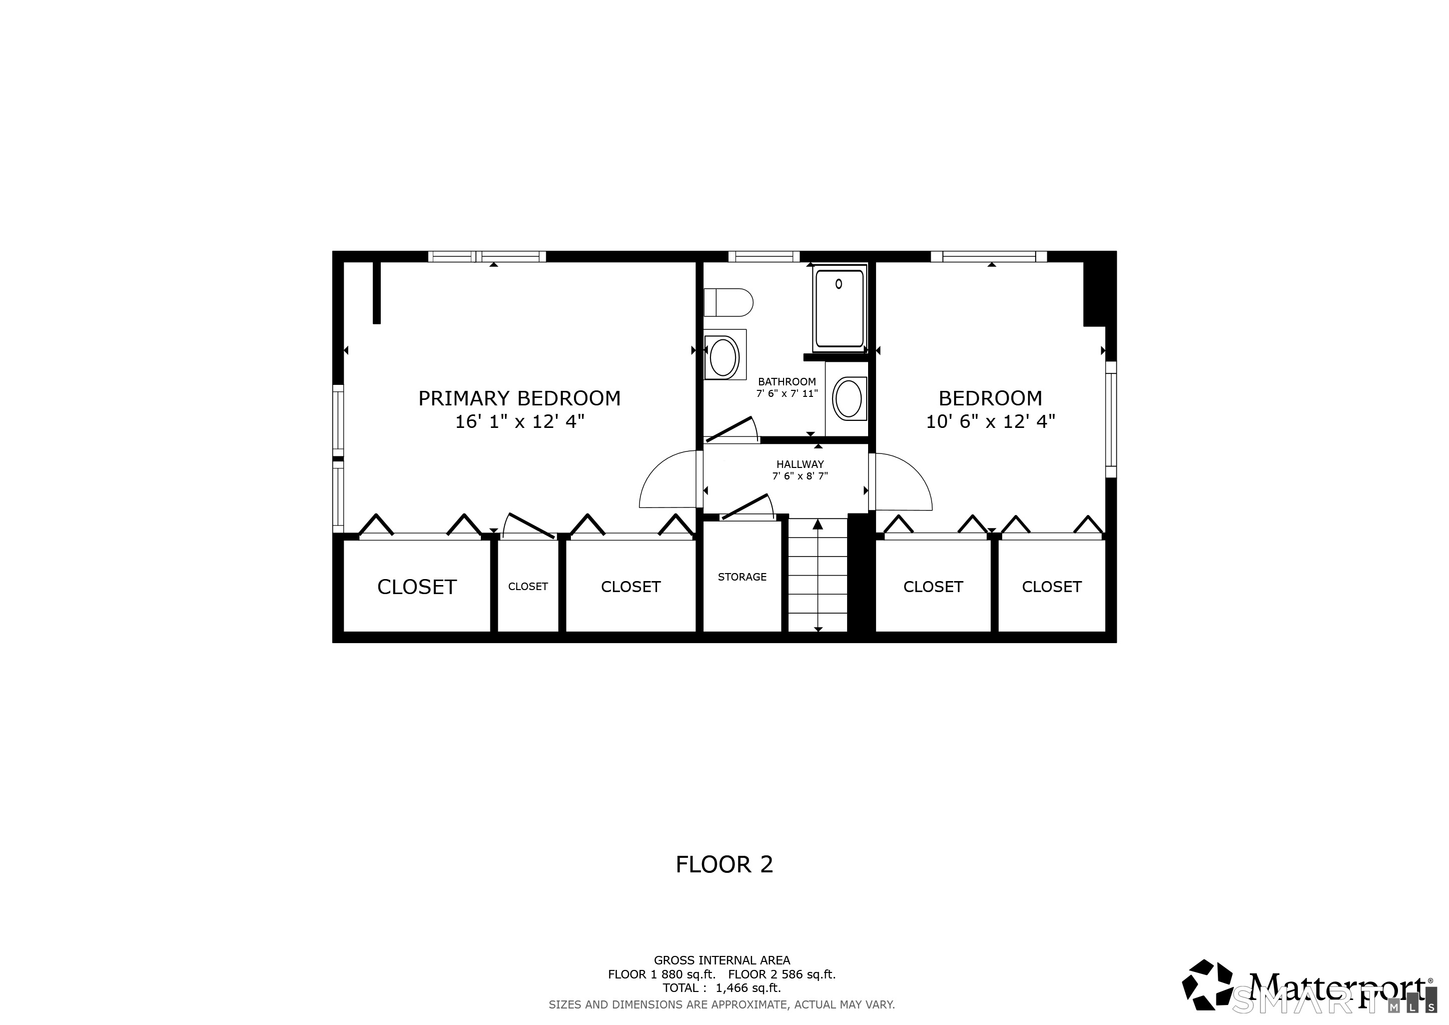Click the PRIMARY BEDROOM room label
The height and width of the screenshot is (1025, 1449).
(x=519, y=398)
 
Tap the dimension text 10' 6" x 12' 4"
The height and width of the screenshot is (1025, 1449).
(x=990, y=421)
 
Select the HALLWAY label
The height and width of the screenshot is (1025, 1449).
(x=800, y=464)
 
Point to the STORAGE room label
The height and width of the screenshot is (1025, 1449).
(x=742, y=577)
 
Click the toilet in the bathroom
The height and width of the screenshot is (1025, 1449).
(x=729, y=302)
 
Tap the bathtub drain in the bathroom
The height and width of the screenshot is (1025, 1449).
(x=839, y=284)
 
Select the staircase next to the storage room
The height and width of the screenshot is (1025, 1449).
(x=818, y=575)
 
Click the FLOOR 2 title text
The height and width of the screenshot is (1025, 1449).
(x=724, y=865)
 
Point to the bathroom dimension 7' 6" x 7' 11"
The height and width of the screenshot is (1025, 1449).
(x=787, y=394)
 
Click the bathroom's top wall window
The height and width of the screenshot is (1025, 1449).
(x=764, y=256)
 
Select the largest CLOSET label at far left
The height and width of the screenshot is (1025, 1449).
(x=416, y=587)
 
